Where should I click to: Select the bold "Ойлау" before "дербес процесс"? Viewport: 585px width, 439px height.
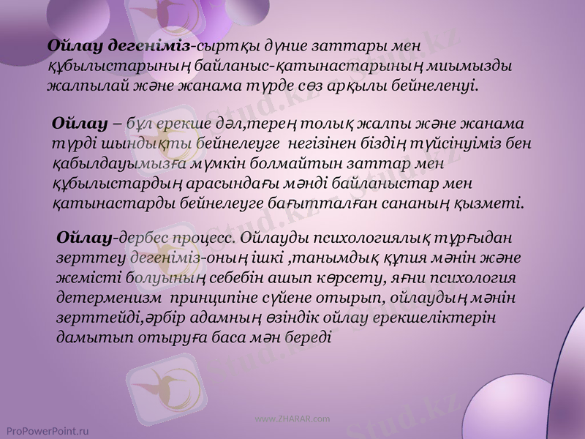[83, 238]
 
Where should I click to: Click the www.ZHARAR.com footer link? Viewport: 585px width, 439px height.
[292, 419]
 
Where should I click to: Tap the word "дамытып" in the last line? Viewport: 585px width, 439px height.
[88, 339]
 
